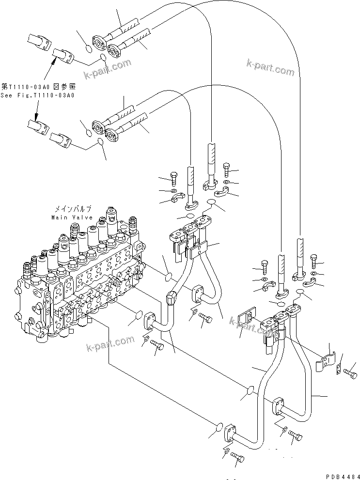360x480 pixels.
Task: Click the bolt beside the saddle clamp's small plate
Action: pos(351,373)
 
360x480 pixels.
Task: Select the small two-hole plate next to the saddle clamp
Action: pos(339,370)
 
